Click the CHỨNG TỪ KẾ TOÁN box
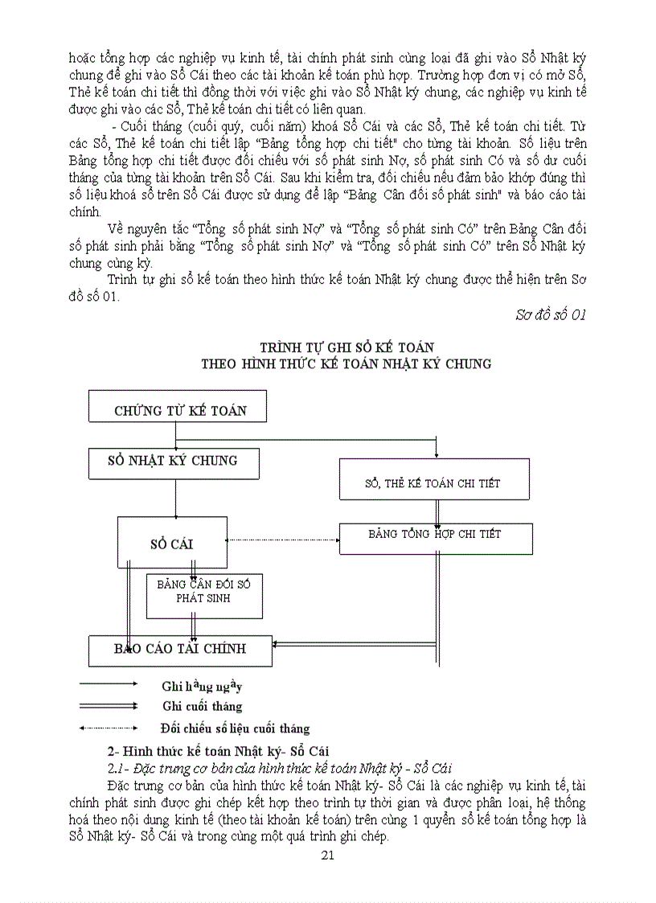[179, 410]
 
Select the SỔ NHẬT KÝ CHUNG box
[173, 462]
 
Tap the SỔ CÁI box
[172, 544]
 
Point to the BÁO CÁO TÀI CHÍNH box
[179, 650]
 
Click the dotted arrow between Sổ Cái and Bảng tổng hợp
[281, 540]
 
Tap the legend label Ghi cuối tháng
[201, 706]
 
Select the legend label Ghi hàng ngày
[201, 686]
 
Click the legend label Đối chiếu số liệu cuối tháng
[235, 729]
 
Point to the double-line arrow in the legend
[109, 705]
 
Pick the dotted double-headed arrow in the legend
[109, 728]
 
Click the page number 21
[327, 855]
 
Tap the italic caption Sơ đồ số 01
[550, 314]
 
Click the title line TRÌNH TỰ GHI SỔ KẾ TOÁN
[346, 347]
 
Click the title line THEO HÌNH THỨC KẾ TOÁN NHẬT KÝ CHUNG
[346, 363]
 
